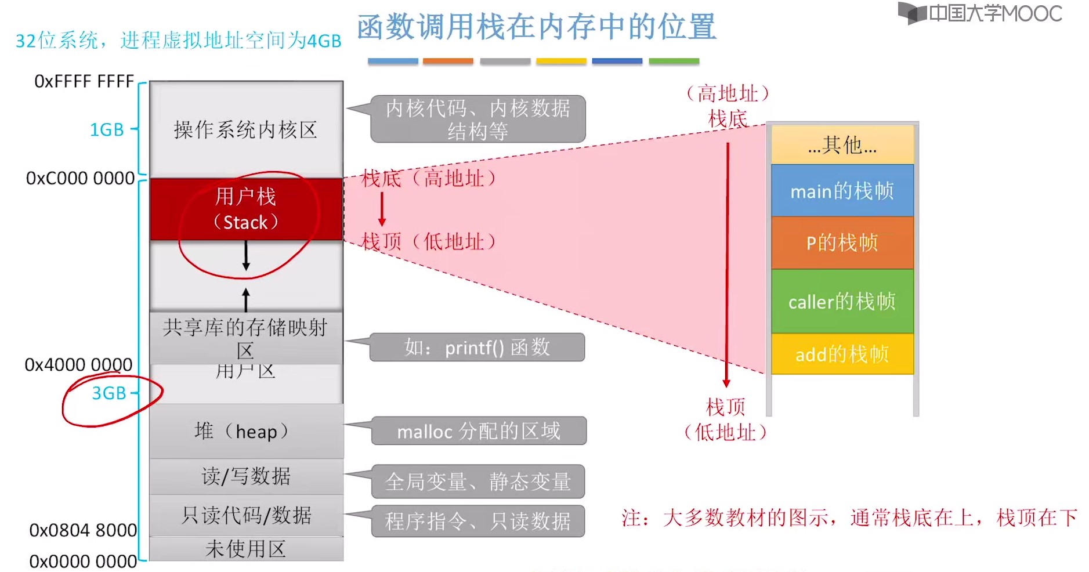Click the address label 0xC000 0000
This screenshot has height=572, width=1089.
(x=80, y=178)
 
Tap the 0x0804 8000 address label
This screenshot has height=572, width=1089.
(x=83, y=530)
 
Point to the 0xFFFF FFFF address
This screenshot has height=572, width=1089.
(x=84, y=81)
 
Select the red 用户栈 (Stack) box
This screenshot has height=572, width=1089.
(x=246, y=209)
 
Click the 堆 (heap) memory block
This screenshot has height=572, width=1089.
(x=246, y=432)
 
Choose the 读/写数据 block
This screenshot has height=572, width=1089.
(x=246, y=476)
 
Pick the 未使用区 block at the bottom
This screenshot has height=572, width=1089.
(x=246, y=549)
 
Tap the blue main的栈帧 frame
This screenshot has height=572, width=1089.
(x=842, y=191)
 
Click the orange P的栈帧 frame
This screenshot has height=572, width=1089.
(x=842, y=242)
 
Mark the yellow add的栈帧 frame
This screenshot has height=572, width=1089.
(x=842, y=354)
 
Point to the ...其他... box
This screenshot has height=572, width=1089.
(x=842, y=145)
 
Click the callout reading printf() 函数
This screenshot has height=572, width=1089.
(x=477, y=347)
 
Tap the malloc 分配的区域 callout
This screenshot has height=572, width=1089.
(x=479, y=431)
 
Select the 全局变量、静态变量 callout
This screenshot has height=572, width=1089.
(x=477, y=482)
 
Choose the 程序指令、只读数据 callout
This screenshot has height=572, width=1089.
(x=477, y=521)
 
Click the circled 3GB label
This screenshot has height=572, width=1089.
(x=109, y=393)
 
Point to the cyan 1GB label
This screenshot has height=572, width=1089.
(x=107, y=129)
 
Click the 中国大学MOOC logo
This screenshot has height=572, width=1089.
(x=981, y=13)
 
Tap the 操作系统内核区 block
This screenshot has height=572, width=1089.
(x=246, y=130)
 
